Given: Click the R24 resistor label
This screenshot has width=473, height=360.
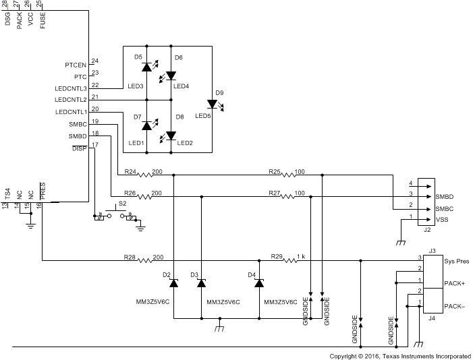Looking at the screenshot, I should tap(131, 171).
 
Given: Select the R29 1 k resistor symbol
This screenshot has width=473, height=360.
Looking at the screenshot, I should tap(289, 260).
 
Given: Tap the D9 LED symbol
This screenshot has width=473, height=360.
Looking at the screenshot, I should tap(212, 104).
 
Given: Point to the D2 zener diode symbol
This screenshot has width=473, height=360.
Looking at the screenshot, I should tap(173, 284).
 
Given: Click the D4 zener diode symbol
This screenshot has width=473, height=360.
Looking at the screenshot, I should tap(259, 284).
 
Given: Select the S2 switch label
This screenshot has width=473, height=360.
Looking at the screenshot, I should tap(122, 203).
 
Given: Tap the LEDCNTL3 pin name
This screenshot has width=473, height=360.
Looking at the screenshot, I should tap(71, 88).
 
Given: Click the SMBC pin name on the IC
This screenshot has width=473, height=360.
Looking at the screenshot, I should tap(77, 124).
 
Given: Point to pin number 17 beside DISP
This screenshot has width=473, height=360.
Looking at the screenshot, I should tap(94, 144).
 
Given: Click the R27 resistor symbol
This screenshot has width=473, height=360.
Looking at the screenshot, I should tap(289, 198).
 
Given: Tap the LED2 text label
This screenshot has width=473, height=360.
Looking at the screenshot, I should tap(184, 143).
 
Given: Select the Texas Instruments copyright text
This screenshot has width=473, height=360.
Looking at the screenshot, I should tap(400, 355).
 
